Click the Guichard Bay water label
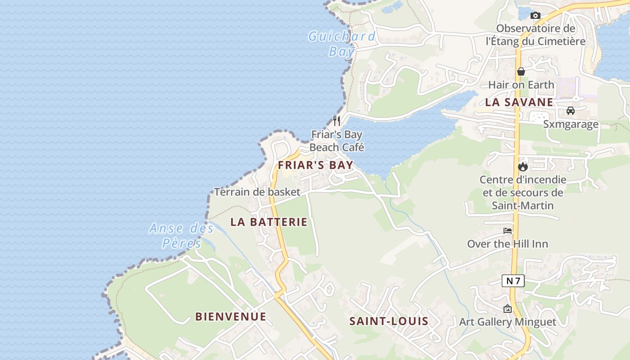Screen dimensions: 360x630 click(342, 44)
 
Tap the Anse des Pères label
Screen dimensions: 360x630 click(182, 235)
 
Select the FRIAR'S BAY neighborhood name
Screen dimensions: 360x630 click(315, 165)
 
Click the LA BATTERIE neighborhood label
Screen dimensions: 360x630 click(269, 222)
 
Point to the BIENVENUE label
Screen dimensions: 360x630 click(230, 317)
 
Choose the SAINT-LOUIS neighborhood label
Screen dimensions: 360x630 click(389, 321)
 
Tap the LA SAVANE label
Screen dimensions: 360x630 click(519, 102)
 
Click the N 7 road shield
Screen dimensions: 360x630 click(513, 281)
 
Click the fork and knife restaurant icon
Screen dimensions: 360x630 click(337, 121)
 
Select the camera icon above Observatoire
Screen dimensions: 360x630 click(535, 16)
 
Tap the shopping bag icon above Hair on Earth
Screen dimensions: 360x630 click(521, 72)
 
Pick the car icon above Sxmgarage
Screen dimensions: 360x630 click(571, 111)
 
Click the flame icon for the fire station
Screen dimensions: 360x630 click(522, 166)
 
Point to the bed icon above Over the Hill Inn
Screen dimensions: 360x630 click(508, 231)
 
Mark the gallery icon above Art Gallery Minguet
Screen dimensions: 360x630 click(508, 309)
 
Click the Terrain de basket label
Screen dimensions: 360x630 click(257, 192)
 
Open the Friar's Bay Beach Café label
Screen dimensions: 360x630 click(337, 141)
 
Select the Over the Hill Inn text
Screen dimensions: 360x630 click(508, 244)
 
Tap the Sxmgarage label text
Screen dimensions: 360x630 click(571, 124)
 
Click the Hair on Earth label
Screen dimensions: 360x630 click(521, 85)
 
